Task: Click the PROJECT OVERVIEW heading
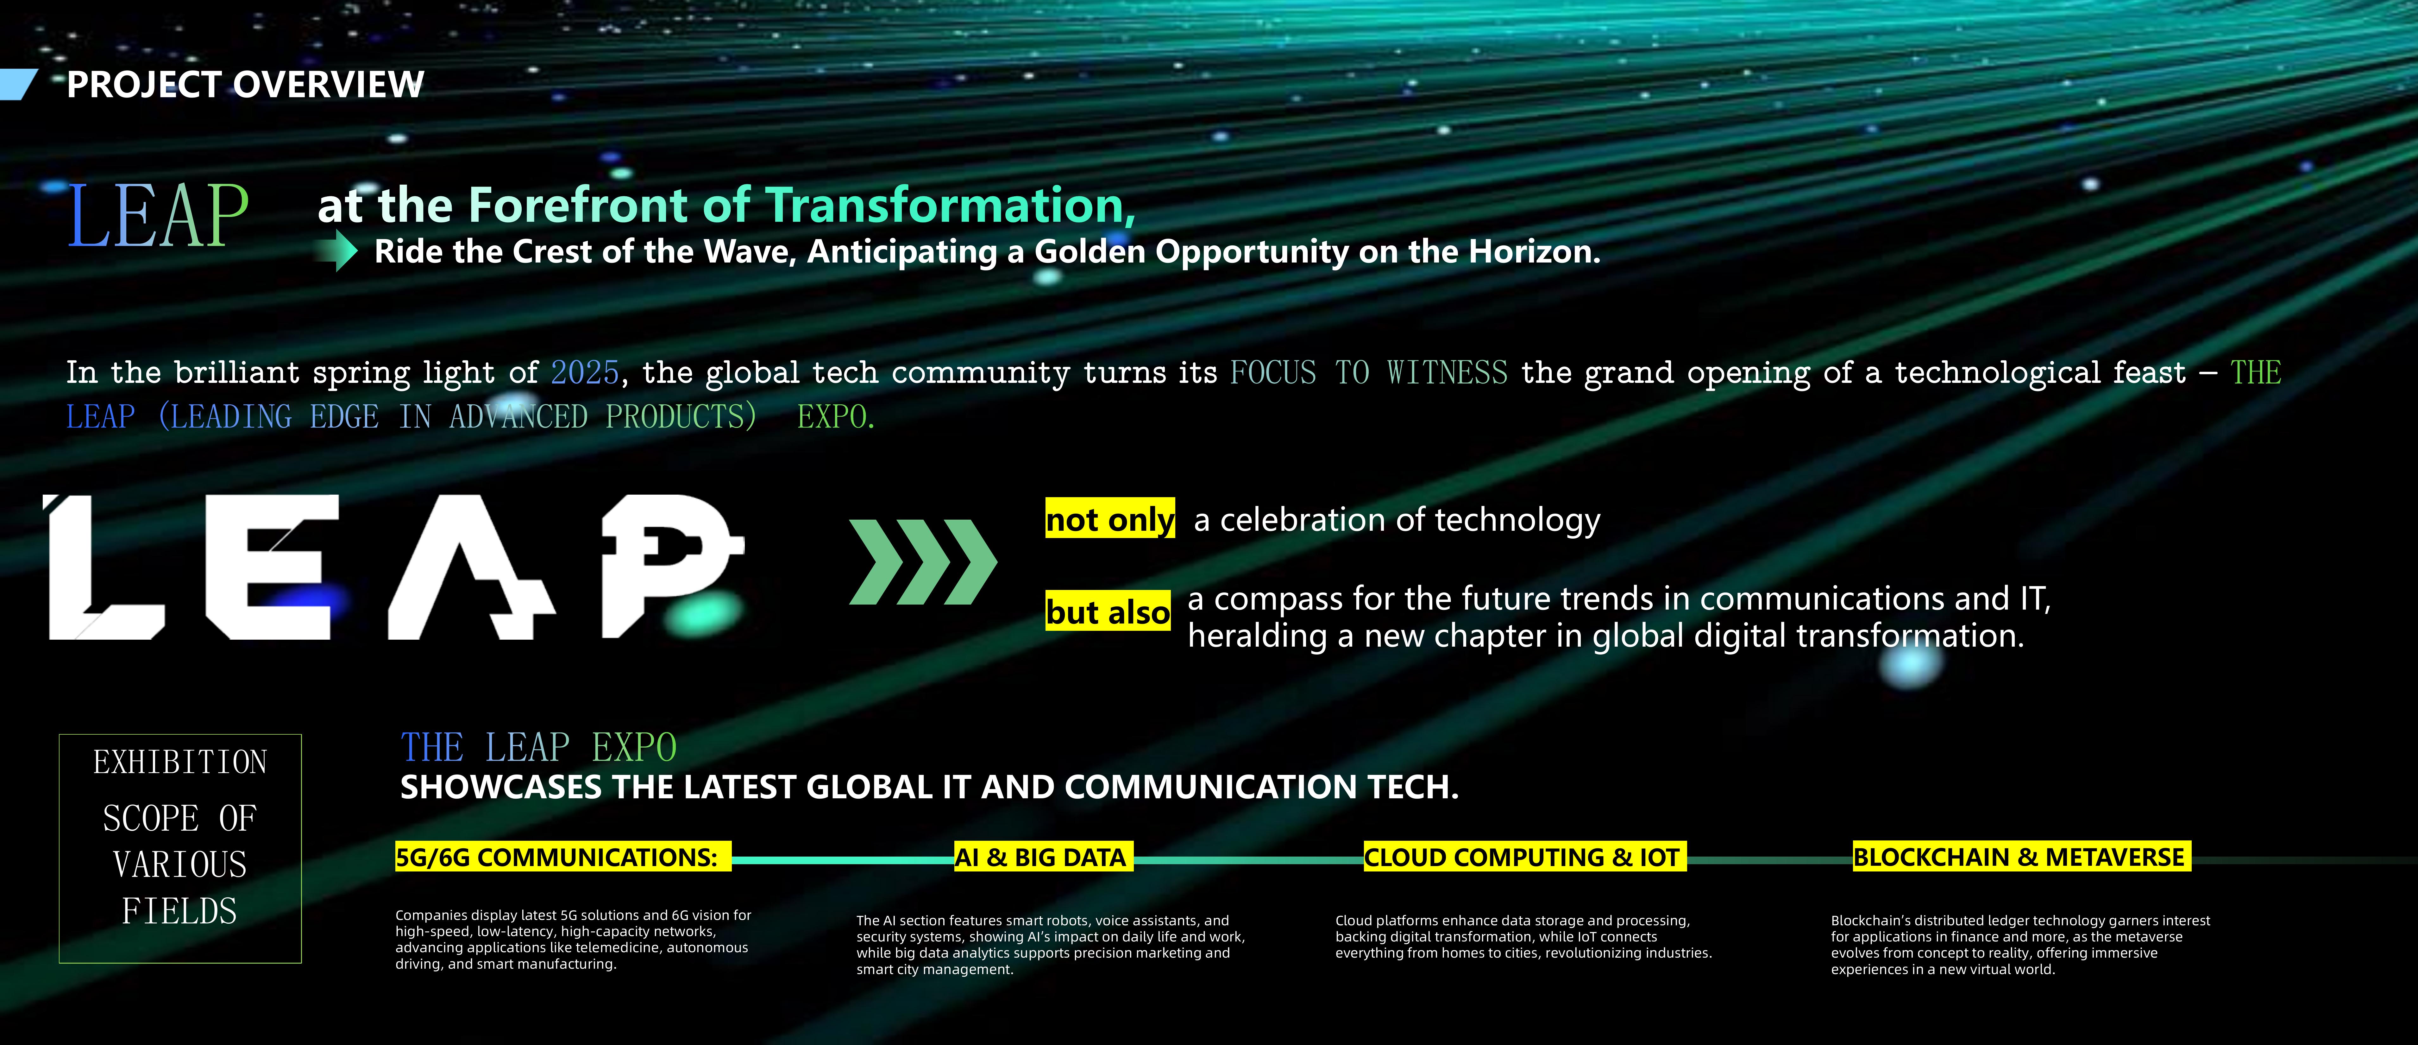[245, 85]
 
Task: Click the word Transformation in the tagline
[950, 205]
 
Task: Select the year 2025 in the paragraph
[585, 373]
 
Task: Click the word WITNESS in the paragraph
[1448, 373]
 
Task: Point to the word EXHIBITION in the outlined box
[180, 762]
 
